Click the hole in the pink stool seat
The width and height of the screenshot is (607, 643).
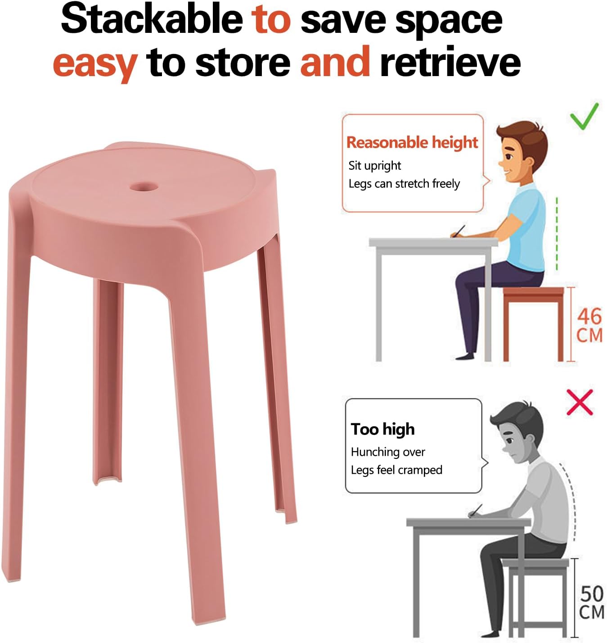click(x=144, y=187)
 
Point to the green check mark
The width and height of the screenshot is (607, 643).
click(x=584, y=117)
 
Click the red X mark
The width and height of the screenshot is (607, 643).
click(x=580, y=402)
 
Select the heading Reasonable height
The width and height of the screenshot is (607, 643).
click(x=412, y=143)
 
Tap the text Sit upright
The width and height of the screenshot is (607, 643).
click(x=374, y=166)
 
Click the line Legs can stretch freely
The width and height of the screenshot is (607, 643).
click(x=404, y=184)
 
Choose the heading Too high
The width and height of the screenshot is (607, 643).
click(x=383, y=430)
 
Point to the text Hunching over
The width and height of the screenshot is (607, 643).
click(x=387, y=452)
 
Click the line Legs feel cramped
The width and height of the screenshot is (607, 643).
click(x=396, y=470)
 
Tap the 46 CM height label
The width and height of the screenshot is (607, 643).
click(x=589, y=326)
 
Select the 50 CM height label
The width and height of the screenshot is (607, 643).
click(x=592, y=602)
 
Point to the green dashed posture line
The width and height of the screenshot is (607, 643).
click(x=557, y=233)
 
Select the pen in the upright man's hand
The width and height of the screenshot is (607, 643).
click(x=459, y=231)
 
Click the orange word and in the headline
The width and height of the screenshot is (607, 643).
click(x=335, y=61)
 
